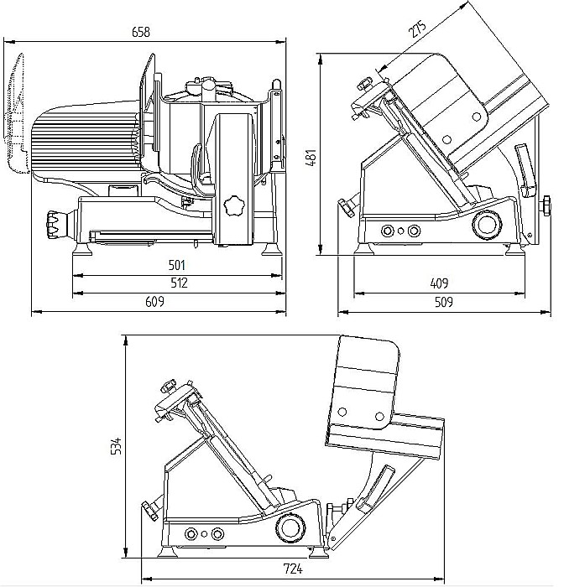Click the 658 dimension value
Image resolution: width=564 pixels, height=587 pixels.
click(141, 32)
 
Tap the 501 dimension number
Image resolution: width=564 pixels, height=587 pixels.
click(176, 266)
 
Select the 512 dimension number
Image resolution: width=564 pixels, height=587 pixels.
click(179, 283)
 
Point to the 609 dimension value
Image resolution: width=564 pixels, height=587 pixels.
click(154, 301)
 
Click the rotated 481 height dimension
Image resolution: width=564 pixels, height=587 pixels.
click(312, 158)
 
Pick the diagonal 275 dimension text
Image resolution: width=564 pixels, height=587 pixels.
click(417, 29)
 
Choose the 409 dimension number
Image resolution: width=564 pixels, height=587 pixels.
click(439, 283)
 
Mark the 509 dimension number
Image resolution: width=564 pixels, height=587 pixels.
click(443, 302)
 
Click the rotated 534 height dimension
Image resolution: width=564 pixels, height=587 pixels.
click(117, 445)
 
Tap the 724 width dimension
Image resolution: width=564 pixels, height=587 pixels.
click(293, 569)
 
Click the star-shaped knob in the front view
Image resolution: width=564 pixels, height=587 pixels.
click(234, 205)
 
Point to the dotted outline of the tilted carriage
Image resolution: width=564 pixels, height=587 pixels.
click(18, 113)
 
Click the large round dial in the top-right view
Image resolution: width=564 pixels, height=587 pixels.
click(487, 225)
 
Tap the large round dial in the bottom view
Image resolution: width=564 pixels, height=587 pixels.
click(290, 527)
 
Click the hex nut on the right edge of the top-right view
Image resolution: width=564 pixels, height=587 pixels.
click(546, 205)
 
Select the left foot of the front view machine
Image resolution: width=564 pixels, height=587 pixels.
click(83, 248)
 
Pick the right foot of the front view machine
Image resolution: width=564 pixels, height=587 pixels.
click(271, 249)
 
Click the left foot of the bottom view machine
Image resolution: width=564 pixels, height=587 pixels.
click(167, 551)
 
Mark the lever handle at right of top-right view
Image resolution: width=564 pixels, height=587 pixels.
click(525, 171)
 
